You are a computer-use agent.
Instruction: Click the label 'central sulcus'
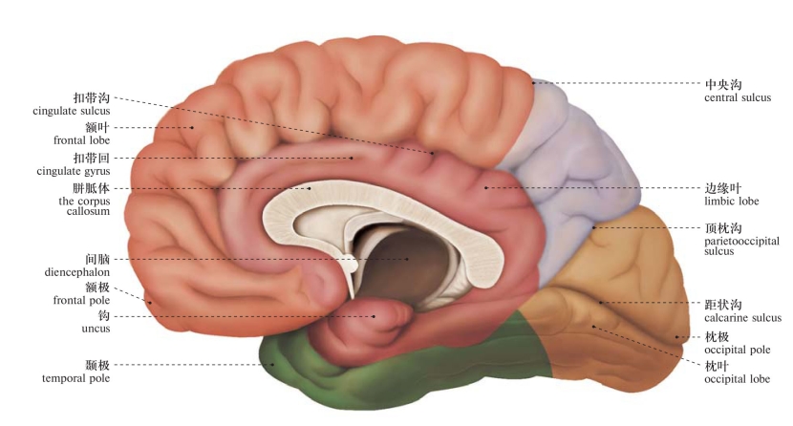[x=737, y=97]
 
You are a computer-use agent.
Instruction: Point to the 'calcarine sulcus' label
[x=742, y=317]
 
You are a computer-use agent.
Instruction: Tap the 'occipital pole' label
[x=737, y=350]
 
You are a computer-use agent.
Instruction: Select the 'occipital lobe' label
[x=737, y=379]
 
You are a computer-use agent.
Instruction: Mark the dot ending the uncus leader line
[x=375, y=316]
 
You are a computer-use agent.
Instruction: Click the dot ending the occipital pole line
[x=677, y=336]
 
